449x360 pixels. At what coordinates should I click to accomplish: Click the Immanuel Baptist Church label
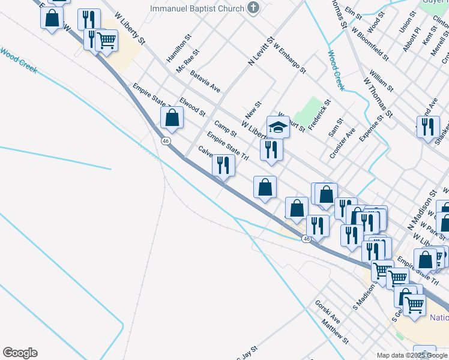tap(197, 8)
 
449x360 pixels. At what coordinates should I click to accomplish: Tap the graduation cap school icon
tap(279, 127)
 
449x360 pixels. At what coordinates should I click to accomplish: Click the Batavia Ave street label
tap(205, 82)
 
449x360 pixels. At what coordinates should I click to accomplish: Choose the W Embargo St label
tap(289, 58)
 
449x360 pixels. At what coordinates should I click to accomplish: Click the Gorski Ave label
tap(328, 311)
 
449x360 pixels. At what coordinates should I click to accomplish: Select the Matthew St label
tap(335, 331)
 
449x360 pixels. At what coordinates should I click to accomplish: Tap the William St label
tap(381, 80)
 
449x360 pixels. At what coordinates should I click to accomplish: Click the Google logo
tap(20, 353)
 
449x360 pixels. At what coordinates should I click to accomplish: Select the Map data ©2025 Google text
tap(412, 355)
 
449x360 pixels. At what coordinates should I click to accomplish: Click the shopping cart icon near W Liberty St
tap(106, 41)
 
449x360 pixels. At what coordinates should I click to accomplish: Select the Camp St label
tap(225, 128)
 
